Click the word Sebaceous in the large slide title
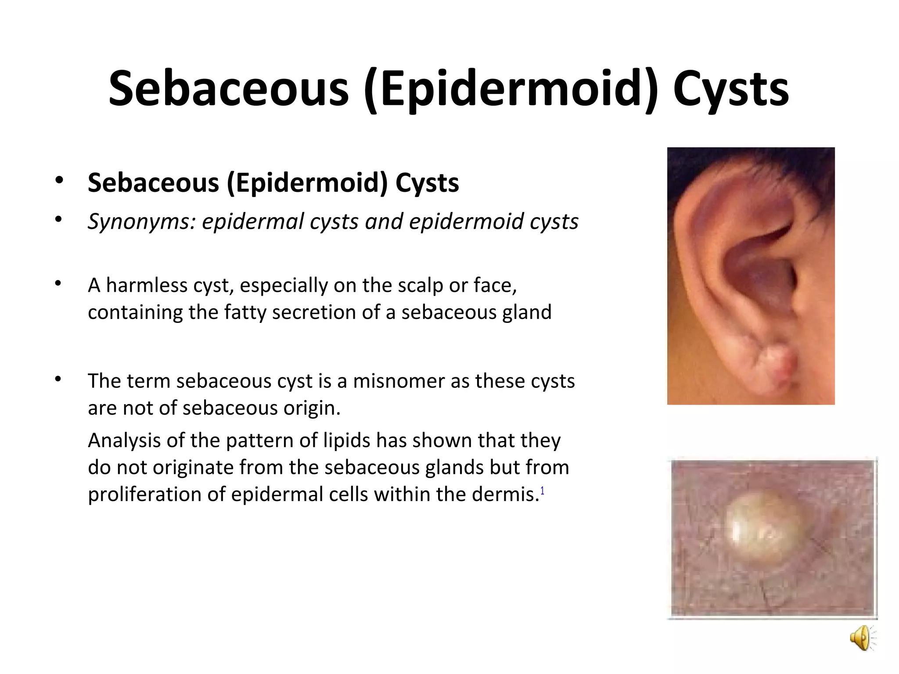(228, 89)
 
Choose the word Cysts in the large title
(730, 89)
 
